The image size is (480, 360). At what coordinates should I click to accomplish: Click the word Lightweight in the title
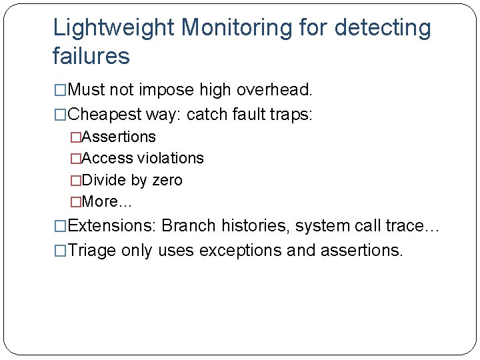coord(113,29)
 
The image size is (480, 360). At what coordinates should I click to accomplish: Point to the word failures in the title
coord(91,57)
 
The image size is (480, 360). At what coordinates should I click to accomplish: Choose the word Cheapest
coord(104,114)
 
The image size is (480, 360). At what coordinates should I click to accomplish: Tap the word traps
coord(288,114)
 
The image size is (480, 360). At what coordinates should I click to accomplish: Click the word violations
coord(171,158)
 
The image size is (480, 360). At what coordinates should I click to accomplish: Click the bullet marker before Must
coord(61,89)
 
